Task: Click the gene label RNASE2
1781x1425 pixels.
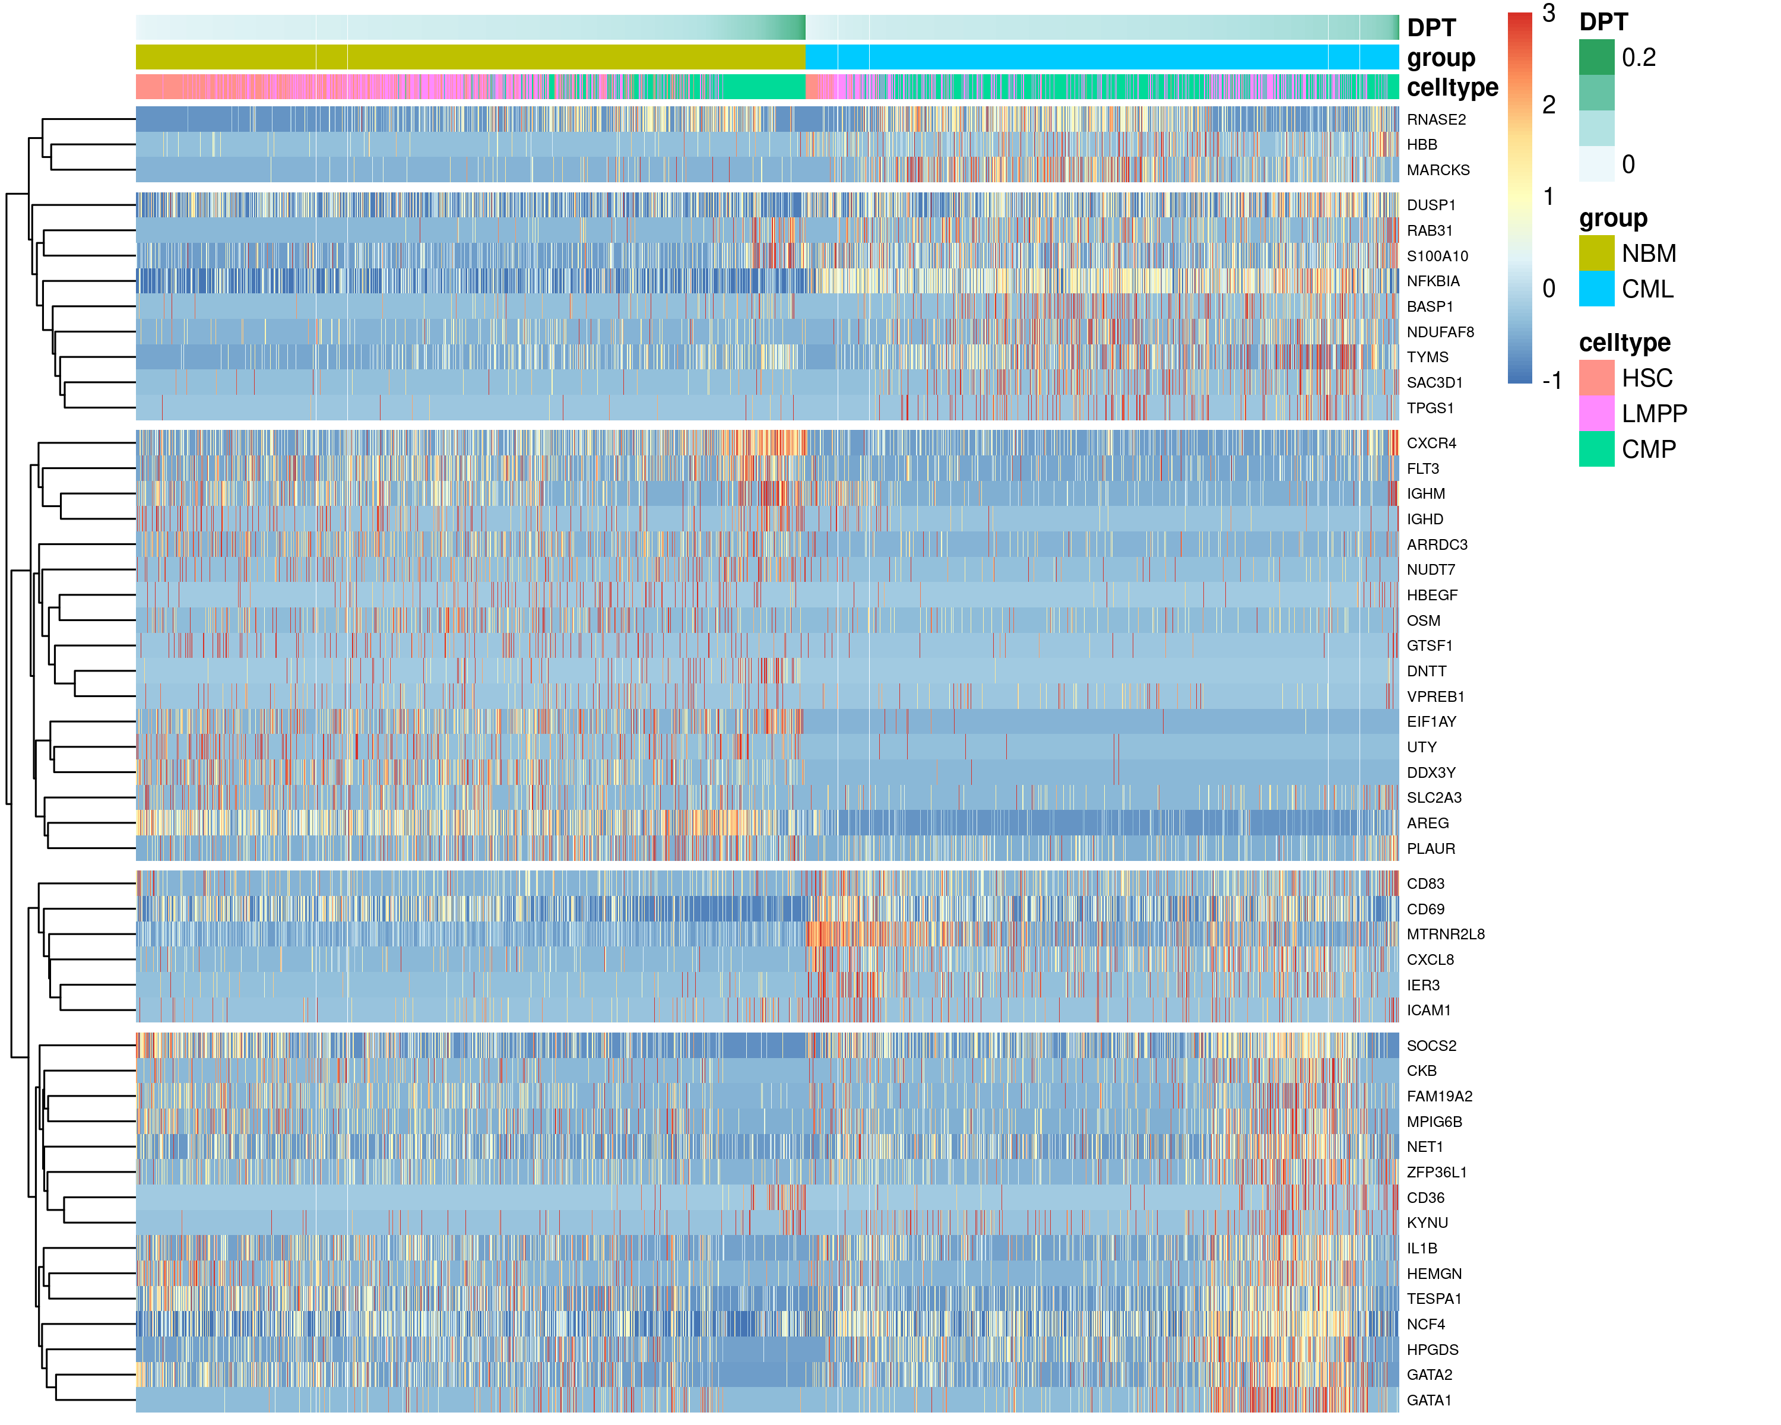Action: pos(1435,120)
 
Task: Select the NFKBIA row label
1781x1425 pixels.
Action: pos(1433,281)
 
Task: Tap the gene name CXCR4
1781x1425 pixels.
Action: pos(1431,443)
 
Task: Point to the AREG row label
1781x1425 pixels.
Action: pos(1427,823)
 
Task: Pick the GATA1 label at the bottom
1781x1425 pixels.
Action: pos(1429,1399)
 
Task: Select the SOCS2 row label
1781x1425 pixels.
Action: pos(1431,1045)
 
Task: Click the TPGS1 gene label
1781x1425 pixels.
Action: pos(1430,407)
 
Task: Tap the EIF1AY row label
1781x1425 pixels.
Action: pos(1431,721)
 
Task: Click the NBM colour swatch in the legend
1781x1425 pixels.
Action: pos(1596,254)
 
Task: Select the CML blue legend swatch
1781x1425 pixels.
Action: pos(1596,289)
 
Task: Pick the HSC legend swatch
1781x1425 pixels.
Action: pos(1596,378)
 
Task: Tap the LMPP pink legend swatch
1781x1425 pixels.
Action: pos(1596,413)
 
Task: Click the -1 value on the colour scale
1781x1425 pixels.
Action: pos(1551,381)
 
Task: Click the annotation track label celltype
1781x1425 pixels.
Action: pos(1452,87)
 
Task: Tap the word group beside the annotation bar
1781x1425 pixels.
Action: pos(1441,58)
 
